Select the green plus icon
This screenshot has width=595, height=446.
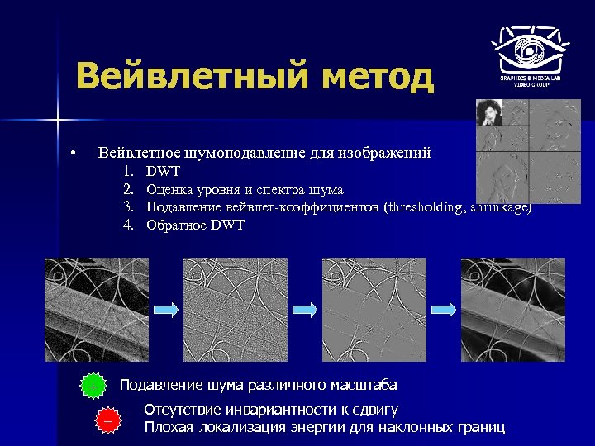[93, 387]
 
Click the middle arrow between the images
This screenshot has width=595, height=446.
[305, 308]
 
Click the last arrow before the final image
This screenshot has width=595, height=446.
[444, 308]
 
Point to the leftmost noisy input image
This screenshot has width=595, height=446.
[96, 310]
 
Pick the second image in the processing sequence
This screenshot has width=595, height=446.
[236, 310]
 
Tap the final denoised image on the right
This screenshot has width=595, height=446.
[513, 310]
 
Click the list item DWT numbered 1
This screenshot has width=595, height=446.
[163, 171]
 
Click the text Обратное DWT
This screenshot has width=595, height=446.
[195, 225]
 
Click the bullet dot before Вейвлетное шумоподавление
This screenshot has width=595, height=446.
[74, 154]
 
